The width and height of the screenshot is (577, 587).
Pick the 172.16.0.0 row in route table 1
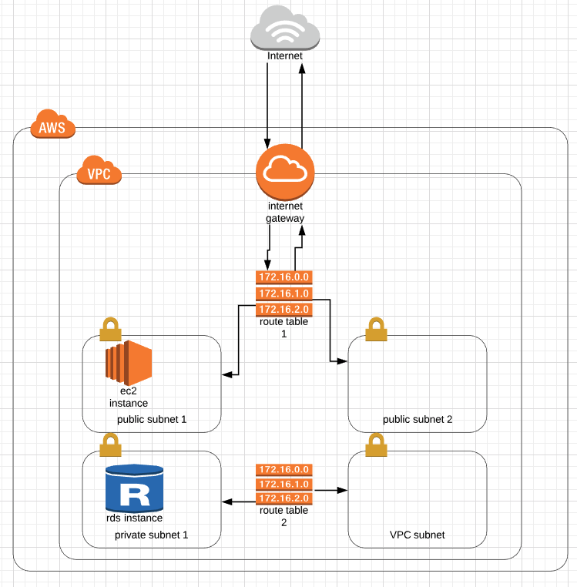pyautogui.click(x=283, y=277)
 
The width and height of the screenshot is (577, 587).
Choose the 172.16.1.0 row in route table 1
pyautogui.click(x=283, y=293)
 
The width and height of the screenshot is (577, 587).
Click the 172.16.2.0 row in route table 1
pyautogui.click(x=283, y=309)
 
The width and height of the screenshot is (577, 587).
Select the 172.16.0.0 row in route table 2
pyautogui.click(x=283, y=469)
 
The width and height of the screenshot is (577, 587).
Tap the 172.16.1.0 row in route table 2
pyautogui.click(x=283, y=484)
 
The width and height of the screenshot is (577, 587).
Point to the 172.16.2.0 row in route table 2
pyautogui.click(x=283, y=499)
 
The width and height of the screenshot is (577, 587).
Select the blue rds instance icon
pyautogui.click(x=135, y=489)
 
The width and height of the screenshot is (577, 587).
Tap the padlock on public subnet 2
pyautogui.click(x=375, y=329)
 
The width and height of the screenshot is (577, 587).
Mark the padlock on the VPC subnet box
pyautogui.click(x=376, y=444)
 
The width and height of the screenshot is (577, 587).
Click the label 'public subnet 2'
pyautogui.click(x=418, y=420)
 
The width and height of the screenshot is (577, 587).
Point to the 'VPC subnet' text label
pyautogui.click(x=418, y=535)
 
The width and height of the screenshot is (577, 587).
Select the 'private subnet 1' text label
pyautogui.click(x=152, y=535)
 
